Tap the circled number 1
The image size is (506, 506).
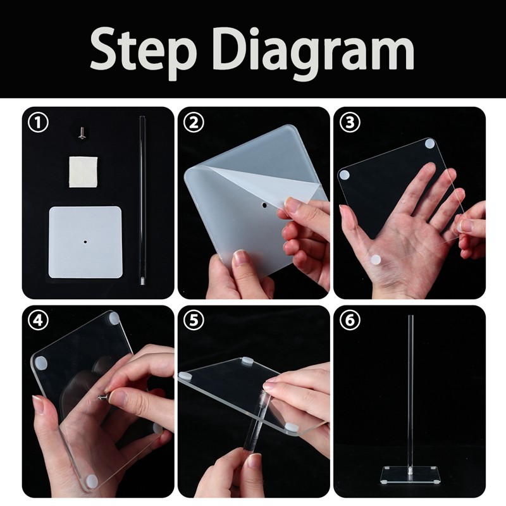(x=38, y=123)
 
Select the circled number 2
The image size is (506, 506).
(x=194, y=123)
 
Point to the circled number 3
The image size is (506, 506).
(x=350, y=123)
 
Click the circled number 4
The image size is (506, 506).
(x=38, y=320)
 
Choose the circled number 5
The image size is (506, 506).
(x=194, y=320)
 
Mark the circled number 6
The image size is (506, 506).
(x=350, y=320)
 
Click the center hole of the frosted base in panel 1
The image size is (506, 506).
(x=85, y=241)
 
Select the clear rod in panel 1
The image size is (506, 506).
(x=142, y=200)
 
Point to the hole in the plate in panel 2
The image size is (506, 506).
(x=264, y=205)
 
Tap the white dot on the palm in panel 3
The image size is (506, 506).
(x=376, y=260)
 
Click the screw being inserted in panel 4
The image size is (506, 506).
(x=103, y=395)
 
